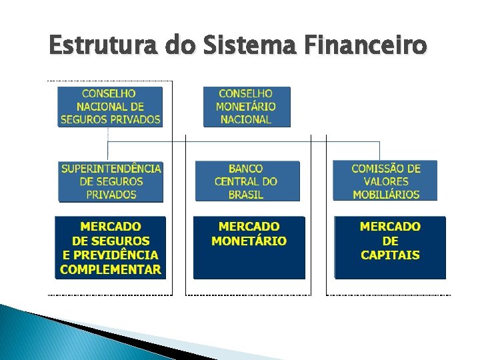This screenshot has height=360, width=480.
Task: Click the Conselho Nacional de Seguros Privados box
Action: point(110,107)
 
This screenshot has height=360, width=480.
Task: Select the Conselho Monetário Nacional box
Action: point(246,107)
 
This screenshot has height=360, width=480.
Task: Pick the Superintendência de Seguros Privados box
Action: point(111,181)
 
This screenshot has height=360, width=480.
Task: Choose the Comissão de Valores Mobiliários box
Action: point(385,181)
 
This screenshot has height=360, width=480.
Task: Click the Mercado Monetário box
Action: point(249,247)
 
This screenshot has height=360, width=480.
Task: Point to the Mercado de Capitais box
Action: point(390,247)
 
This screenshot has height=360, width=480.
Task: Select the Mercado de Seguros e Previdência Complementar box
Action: point(110,247)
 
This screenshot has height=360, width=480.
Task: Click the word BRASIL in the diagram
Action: point(246,195)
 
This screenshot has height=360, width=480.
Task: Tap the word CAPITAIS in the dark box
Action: point(390,255)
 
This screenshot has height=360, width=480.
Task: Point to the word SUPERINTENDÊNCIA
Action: point(111,169)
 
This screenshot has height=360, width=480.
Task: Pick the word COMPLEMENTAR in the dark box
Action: point(110,269)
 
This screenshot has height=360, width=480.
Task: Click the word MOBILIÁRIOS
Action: point(386,195)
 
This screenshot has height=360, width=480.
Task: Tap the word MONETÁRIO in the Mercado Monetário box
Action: point(249,241)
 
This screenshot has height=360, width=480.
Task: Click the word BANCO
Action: point(246,169)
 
